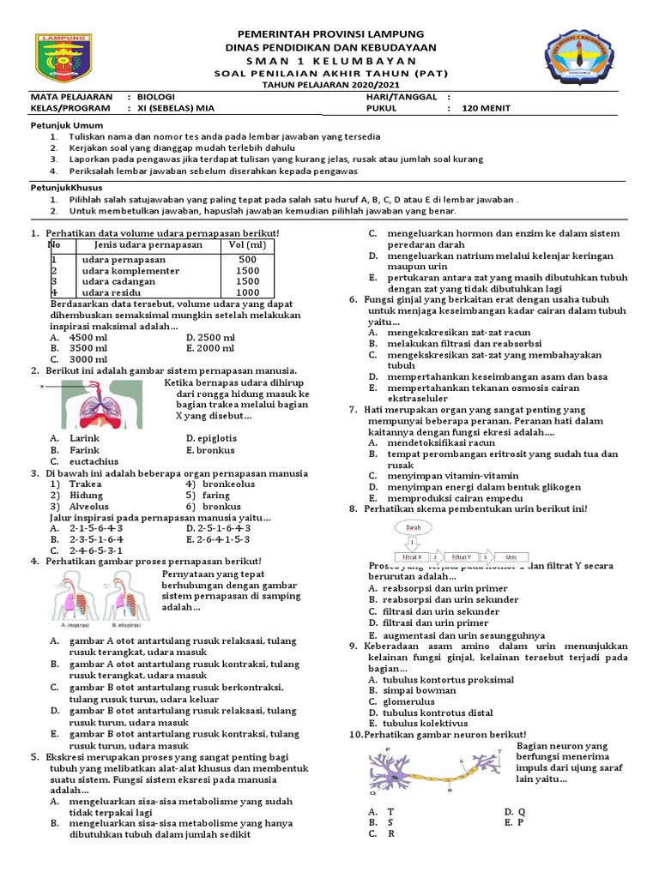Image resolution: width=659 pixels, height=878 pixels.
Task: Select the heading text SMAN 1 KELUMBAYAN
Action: (329, 62)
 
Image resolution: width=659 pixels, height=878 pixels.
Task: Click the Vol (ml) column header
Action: (247, 245)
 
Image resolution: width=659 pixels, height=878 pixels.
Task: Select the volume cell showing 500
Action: (248, 259)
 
